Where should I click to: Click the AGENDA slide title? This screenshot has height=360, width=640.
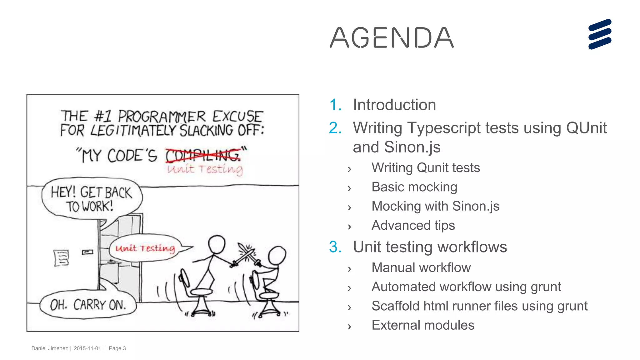coord(392,38)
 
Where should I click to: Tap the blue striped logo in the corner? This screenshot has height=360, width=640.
coord(600,34)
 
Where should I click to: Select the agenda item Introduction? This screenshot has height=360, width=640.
coord(394,105)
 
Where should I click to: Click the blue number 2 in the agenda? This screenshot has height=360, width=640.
coord(335,128)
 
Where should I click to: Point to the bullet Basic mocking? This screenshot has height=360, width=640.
coord(414,187)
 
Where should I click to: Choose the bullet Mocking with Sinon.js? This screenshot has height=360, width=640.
coord(435,206)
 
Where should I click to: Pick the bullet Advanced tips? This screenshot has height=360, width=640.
coord(413,225)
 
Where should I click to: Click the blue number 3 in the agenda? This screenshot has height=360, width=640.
coord(335,247)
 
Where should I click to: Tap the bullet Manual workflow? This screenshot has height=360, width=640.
coord(421,268)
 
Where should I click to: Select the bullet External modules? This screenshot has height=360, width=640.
coord(423,325)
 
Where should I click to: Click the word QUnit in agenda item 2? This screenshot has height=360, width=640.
coord(586,128)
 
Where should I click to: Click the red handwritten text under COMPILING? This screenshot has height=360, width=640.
coord(205,169)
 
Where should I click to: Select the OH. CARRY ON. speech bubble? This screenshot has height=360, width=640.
coord(88,305)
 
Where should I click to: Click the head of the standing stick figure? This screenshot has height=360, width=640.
coord(217,244)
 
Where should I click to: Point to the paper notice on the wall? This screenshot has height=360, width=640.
coord(61,258)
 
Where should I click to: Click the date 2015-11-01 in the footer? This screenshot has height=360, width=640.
coord(87,348)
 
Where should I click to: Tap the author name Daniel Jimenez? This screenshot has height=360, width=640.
coord(49,348)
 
